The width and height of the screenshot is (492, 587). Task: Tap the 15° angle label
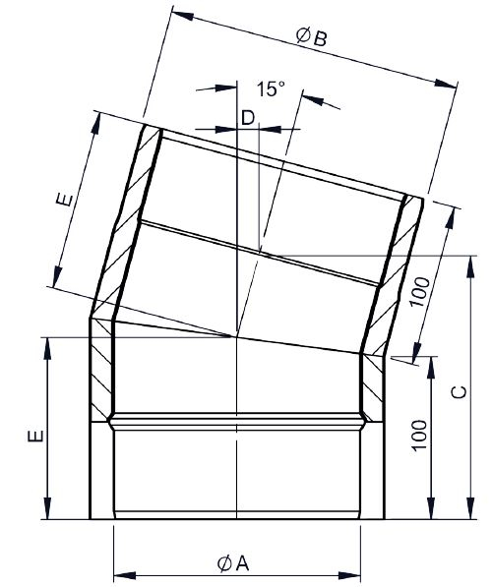pyautogui.click(x=270, y=89)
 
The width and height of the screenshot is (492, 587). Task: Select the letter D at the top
pyautogui.click(x=247, y=118)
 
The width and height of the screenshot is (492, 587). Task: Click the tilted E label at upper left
pyautogui.click(x=63, y=201)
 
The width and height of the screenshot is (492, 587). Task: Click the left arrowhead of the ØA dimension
pyautogui.click(x=120, y=572)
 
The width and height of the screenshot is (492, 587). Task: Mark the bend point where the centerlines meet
pyautogui.click(x=237, y=336)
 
